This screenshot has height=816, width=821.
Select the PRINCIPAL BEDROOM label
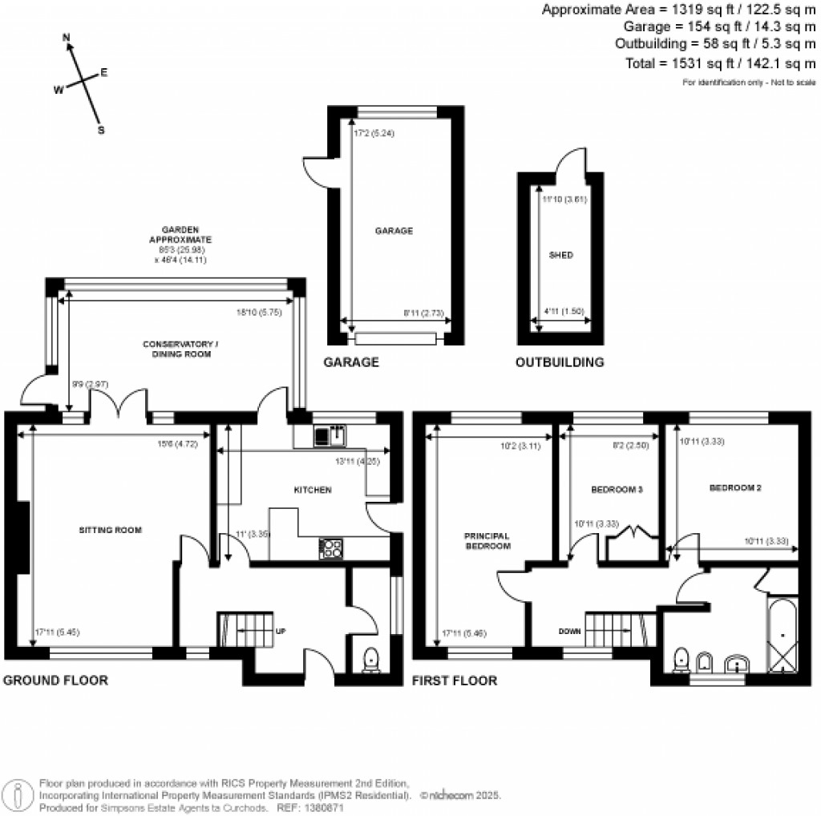point(487,541)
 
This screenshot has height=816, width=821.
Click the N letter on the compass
point(67,38)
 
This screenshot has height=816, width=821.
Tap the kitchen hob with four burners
point(330,548)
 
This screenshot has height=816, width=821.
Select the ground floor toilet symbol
point(371,659)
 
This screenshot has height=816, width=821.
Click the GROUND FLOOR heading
point(55,681)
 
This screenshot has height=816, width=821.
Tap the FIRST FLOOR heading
point(454,681)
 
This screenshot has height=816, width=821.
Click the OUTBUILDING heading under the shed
point(559,362)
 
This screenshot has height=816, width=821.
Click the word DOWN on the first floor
point(570,632)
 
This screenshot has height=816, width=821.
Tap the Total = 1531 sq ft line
point(719,63)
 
